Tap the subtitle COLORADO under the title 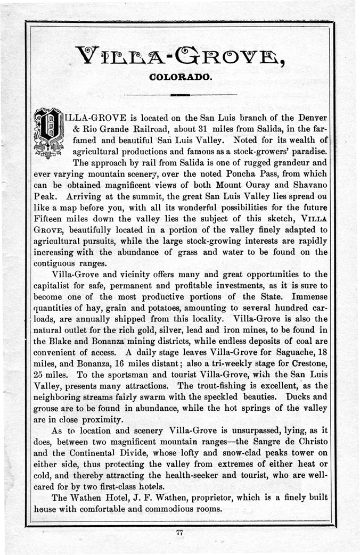pos(181,77)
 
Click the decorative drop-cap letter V pos(49,133)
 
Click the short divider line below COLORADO pos(181,95)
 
